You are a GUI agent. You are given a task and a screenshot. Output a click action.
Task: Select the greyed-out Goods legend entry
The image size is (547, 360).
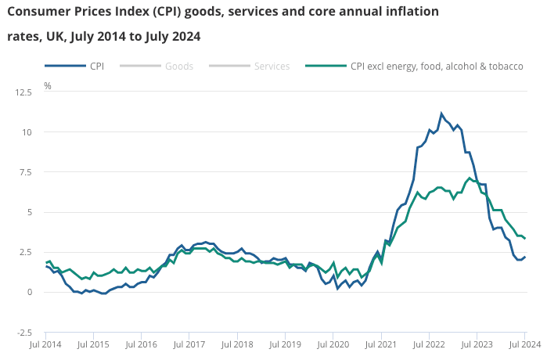pyautogui.click(x=178, y=67)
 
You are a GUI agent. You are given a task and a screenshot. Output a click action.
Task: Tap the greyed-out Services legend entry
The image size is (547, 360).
pyautogui.click(x=271, y=67)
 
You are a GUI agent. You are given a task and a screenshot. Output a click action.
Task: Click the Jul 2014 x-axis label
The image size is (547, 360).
pyautogui.click(x=45, y=344)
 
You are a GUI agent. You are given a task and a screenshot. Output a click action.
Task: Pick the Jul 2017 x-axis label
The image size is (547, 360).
pyautogui.click(x=189, y=344)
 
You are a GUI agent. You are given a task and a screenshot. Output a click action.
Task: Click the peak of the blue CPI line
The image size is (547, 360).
pyautogui.click(x=441, y=113)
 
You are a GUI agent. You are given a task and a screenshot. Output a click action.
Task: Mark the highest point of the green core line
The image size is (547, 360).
pyautogui.click(x=469, y=178)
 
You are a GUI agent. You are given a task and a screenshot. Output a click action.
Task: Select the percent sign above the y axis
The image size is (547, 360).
pyautogui.click(x=48, y=85)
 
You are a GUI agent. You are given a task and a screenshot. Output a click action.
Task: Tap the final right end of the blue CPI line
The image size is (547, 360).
pyautogui.click(x=524, y=257)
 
